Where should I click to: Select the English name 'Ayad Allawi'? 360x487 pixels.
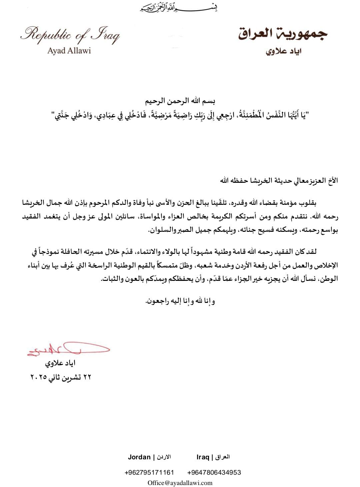point(69,51)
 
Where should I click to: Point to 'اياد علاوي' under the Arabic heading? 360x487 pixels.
point(284,52)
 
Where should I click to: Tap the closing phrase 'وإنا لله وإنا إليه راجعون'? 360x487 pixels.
point(180,301)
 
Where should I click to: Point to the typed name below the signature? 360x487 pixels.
point(60,363)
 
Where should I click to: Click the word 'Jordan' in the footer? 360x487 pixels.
point(139,457)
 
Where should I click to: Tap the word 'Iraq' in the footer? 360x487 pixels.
point(203,457)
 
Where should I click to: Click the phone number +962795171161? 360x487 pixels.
point(149,472)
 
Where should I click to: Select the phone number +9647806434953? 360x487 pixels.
point(214,472)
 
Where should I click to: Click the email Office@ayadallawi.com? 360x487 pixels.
point(180,483)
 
